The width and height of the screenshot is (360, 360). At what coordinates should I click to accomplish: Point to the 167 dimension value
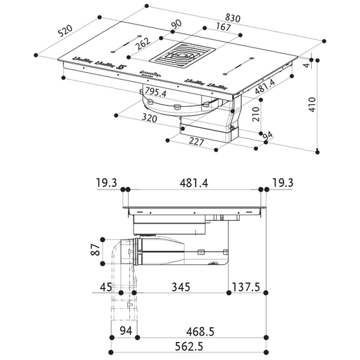coord(204,28)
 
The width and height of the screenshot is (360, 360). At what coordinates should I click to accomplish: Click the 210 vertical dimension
coord(256,113)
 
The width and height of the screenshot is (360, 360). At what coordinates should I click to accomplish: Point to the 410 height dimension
coord(326,106)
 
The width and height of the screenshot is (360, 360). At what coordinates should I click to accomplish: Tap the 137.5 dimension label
coord(248,288)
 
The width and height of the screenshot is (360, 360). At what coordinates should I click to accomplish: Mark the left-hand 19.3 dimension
coord(107,184)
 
